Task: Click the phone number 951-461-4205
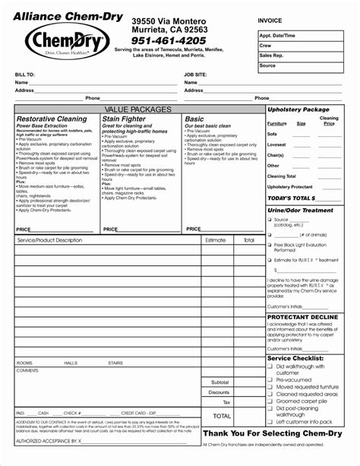tap(168, 40)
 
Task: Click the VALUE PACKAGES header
tap(138, 110)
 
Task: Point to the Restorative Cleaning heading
tap(52, 119)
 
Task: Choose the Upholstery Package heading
tap(298, 110)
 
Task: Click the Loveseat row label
tap(276, 144)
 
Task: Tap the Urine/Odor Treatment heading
tap(301, 211)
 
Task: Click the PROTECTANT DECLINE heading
tap(302, 316)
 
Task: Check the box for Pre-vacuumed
tap(270, 379)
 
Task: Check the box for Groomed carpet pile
tap(270, 401)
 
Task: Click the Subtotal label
tap(219, 382)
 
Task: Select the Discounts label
tap(219, 392)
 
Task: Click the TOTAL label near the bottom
tap(222, 416)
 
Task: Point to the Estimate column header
tap(215, 240)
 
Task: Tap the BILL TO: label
tap(25, 74)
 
